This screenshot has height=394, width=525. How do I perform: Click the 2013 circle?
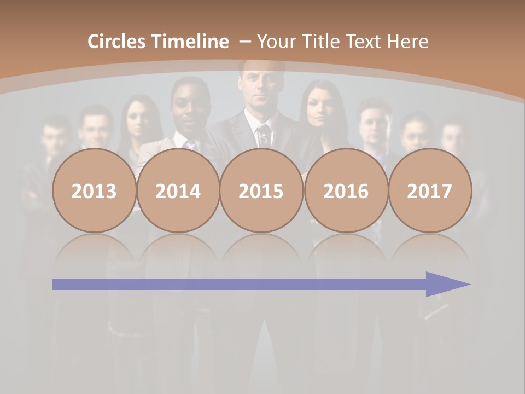(94, 191)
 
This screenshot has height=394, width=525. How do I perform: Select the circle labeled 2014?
(178, 191)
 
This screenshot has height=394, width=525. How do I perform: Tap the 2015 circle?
(261, 191)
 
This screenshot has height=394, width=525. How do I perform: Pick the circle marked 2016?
(346, 191)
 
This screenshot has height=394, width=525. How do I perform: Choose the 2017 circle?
(430, 191)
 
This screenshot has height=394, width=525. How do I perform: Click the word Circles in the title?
(118, 42)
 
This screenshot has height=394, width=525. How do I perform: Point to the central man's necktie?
(264, 134)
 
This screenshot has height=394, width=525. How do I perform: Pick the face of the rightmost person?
(453, 140)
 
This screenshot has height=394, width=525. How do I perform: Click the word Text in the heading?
(366, 42)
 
